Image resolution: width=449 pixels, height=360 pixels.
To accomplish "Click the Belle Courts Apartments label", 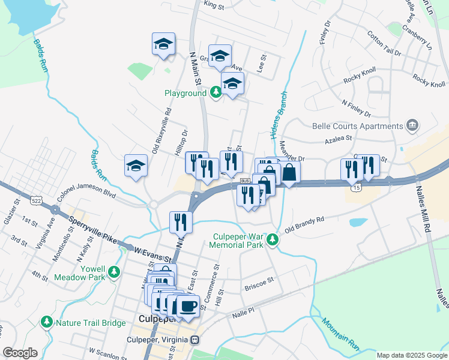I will [358, 126].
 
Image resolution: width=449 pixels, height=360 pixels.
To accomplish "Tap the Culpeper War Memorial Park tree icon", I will [273, 239].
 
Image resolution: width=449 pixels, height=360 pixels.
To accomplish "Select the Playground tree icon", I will [215, 93].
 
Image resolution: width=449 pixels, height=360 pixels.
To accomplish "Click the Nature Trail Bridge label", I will [91, 323].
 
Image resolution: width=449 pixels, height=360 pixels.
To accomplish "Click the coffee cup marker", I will [188, 307].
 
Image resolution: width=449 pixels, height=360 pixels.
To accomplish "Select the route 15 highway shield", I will [357, 188].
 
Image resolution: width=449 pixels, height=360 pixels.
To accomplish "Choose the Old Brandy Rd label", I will [304, 224].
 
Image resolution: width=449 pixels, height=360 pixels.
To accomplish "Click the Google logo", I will [20, 353].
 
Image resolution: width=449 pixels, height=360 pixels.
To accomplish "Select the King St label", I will [213, 5].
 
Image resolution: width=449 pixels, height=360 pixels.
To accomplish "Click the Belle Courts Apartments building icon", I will [412, 125].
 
